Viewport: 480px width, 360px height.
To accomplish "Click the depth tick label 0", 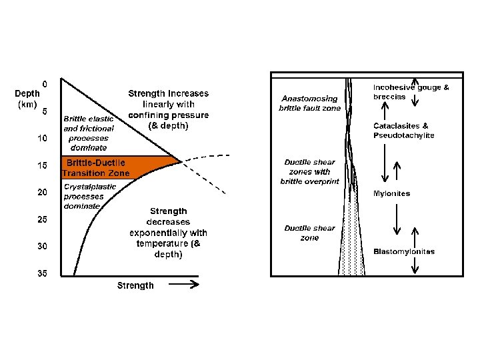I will pyautogui.click(x=45, y=84).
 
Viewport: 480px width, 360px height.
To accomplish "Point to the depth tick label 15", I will pyautogui.click(x=42, y=166).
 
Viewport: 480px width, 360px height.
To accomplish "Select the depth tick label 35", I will pyautogui.click(x=42, y=273).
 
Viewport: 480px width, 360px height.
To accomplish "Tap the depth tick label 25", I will pyautogui.click(x=42, y=219).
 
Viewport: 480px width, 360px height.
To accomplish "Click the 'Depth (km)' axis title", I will pyautogui.click(x=27, y=99).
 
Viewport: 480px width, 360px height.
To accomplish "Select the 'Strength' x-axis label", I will pyautogui.click(x=135, y=285).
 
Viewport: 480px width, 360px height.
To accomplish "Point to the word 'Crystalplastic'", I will pyautogui.click(x=90, y=187).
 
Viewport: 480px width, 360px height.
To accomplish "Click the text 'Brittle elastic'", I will pyautogui.click(x=89, y=119).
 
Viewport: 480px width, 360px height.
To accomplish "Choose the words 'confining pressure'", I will pyautogui.click(x=168, y=115).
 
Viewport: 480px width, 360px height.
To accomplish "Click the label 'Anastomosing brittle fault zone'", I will pyautogui.click(x=309, y=103).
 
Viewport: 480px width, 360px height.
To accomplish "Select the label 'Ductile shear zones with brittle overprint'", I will pyautogui.click(x=311, y=171).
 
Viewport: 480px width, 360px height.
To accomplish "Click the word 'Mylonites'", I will pyautogui.click(x=392, y=193).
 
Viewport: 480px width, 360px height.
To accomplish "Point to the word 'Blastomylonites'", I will pyautogui.click(x=403, y=251).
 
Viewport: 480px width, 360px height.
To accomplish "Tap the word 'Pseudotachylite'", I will pyautogui.click(x=403, y=135).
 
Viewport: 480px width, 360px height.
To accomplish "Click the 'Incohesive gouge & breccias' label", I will pyautogui.click(x=410, y=91).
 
